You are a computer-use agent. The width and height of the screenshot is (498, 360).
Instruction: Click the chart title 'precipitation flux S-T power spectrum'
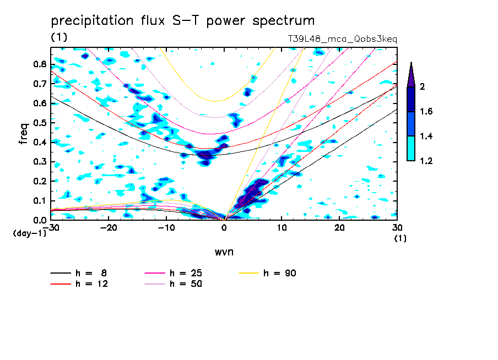[182, 21]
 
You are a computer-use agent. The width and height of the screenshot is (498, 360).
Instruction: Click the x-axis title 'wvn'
[223, 252]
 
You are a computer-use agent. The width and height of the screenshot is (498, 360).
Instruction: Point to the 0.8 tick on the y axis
[39, 64]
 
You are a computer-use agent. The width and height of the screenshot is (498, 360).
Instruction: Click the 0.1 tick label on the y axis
[39, 200]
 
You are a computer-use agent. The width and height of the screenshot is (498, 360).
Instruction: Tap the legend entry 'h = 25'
[185, 273]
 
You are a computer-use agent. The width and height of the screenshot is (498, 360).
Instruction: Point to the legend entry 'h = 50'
[185, 284]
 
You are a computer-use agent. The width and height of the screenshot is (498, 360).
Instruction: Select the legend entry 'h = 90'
[279, 273]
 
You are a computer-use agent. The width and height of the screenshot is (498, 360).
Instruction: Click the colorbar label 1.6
[426, 112]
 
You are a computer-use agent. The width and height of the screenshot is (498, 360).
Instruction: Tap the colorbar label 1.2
[426, 161]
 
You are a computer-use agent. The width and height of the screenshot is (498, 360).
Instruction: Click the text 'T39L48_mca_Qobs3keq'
[342, 39]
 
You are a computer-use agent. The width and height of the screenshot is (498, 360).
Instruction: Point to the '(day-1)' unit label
[29, 233]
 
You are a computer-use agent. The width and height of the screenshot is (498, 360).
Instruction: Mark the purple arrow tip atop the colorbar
[411, 64]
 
